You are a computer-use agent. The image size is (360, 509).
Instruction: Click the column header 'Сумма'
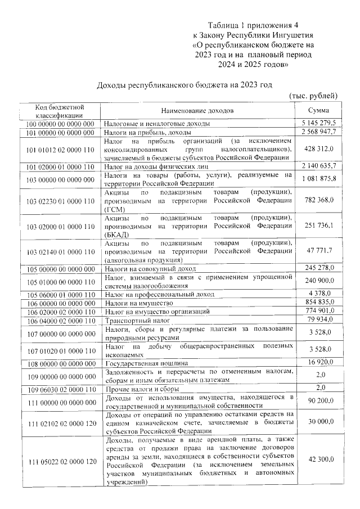(319, 110)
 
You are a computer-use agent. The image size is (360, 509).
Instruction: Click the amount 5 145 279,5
(319, 123)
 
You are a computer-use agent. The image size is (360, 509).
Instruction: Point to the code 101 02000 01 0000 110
(60, 166)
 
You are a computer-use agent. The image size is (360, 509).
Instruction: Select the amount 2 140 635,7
(319, 166)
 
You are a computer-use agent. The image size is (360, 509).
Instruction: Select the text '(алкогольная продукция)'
(143, 260)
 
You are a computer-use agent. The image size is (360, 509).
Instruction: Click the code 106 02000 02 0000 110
(60, 311)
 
